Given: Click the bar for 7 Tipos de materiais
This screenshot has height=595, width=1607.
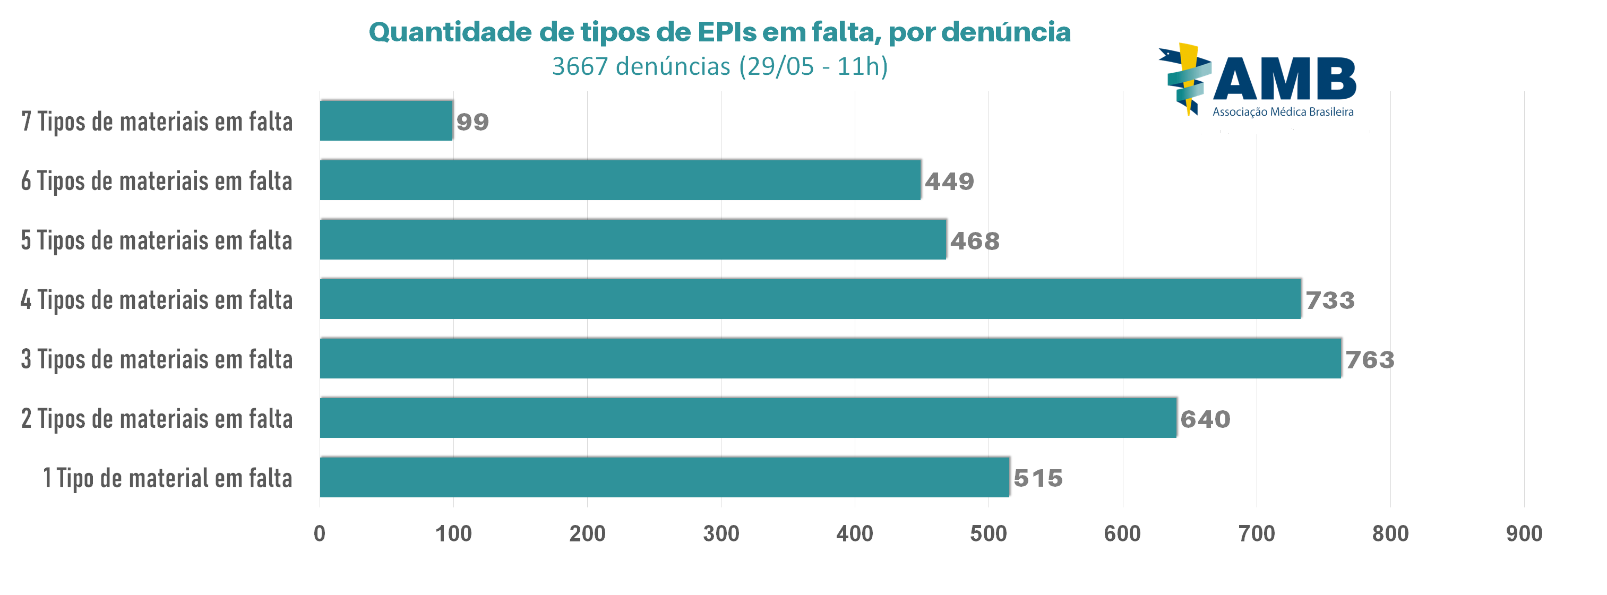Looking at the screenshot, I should pos(385,120).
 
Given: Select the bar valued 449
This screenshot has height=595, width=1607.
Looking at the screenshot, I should pos(620,180).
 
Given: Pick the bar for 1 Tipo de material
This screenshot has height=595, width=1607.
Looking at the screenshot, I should pos(664,477).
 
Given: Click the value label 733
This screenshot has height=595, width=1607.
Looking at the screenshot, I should pos(1330,300).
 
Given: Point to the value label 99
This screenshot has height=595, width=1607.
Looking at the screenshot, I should pos(472,122).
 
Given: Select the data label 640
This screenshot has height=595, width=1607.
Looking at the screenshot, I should pos(1205,419).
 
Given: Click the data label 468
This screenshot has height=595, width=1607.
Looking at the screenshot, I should pos(974,241).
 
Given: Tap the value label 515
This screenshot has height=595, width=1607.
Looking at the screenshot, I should pos(1038,478).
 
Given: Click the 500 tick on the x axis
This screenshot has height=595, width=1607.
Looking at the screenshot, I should pos(989,533).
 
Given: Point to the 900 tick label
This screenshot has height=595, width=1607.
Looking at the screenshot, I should pos(1524,533).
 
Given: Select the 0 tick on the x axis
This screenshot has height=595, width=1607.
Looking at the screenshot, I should pos(320,533).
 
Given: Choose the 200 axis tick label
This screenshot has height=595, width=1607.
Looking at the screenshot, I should pos(587,533).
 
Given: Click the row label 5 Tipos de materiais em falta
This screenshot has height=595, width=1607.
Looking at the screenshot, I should pos(157,240).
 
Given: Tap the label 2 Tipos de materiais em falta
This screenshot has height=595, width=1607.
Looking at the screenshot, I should pos(157,418).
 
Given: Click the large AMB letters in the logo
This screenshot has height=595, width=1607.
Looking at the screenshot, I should pos(1284,79).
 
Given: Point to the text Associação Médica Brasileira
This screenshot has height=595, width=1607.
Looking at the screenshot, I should pos(1283,113).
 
